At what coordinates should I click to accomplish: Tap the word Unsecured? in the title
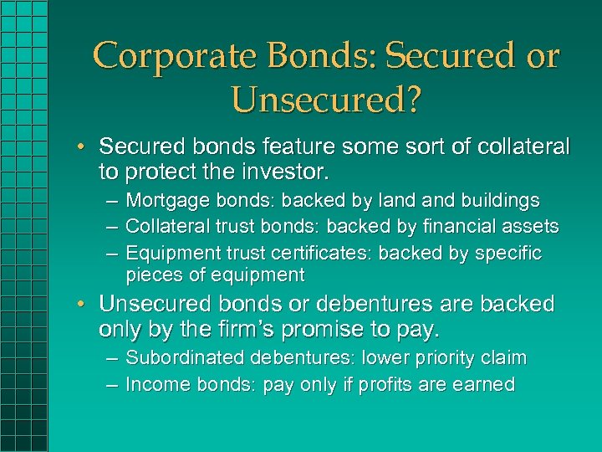tap(327, 100)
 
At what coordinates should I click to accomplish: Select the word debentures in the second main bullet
tap(342, 304)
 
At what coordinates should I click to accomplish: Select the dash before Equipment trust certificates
tap(112, 253)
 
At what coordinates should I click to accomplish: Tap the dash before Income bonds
tap(112, 384)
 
